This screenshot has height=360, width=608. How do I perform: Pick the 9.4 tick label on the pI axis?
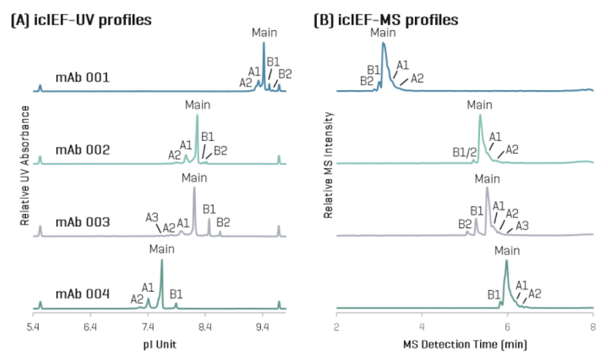[x=263, y=326]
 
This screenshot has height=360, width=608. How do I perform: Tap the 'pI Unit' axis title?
[x=155, y=344]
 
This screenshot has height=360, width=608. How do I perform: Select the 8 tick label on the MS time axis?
[x=593, y=326]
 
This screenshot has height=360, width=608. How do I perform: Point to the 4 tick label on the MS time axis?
[x=422, y=326]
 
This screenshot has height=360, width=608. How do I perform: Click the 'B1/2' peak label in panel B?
[x=461, y=151]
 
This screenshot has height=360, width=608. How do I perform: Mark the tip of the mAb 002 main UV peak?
[x=197, y=115]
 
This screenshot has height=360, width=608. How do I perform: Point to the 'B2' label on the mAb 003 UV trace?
[x=224, y=221]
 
